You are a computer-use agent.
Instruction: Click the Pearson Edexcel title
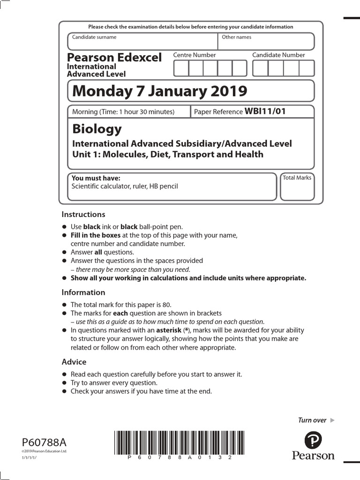(114, 58)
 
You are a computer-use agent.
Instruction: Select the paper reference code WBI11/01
(265, 111)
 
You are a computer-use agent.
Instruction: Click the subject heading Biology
(97, 128)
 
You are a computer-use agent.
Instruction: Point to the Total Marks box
(297, 187)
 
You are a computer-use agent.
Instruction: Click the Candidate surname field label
(94, 37)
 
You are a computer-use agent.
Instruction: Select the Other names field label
(236, 37)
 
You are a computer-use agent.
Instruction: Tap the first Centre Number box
(181, 68)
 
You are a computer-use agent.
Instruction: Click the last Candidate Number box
(306, 68)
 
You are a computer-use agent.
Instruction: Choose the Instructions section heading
(83, 215)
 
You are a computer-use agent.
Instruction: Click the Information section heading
(83, 292)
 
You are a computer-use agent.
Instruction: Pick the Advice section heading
(74, 362)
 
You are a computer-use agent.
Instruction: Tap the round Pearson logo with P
(313, 441)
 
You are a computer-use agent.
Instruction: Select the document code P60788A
(45, 442)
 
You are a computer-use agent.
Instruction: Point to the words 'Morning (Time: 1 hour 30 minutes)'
(123, 112)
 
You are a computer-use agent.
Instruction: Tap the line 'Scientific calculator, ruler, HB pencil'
(124, 186)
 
